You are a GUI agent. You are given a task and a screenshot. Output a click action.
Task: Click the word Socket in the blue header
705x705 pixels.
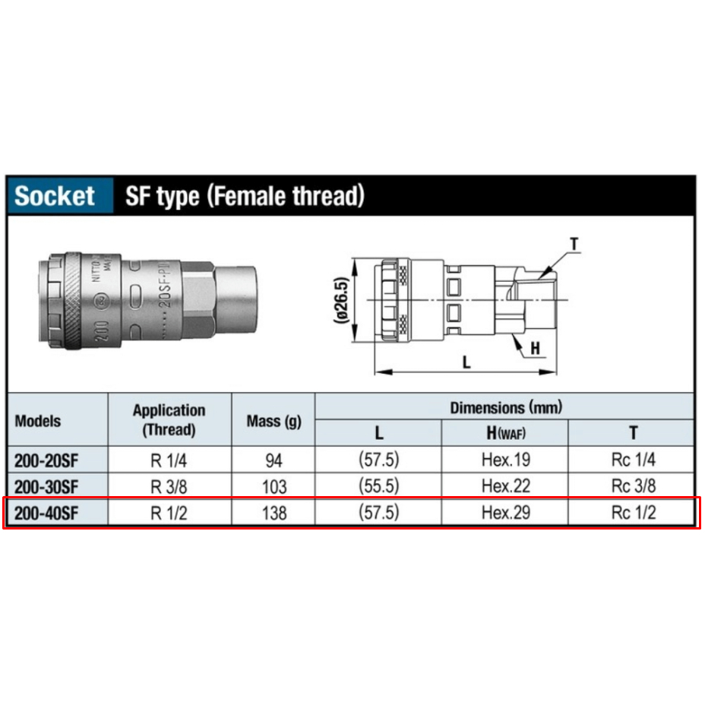click(x=55, y=196)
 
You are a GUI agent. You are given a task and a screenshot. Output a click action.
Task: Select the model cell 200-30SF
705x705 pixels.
click(x=46, y=487)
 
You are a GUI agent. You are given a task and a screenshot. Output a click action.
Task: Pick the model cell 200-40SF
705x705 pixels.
click(x=46, y=513)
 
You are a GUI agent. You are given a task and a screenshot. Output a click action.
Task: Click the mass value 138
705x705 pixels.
click(x=274, y=513)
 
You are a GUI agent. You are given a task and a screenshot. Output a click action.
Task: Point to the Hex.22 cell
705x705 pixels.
click(x=506, y=486)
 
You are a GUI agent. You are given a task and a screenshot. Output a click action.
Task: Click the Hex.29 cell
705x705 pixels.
click(x=506, y=513)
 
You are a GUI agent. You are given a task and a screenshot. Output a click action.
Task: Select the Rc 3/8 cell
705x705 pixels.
click(x=634, y=486)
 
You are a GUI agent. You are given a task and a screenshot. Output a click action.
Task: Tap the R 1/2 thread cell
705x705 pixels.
click(x=169, y=513)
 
